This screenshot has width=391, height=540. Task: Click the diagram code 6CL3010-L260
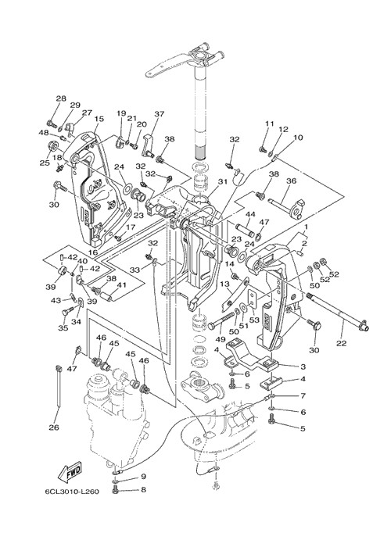click(72, 491)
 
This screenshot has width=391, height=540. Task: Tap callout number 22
click(342, 343)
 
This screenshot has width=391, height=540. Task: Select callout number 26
click(54, 427)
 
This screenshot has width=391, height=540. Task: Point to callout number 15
click(99, 119)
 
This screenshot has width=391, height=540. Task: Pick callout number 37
click(160, 113)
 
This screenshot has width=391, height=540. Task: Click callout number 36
click(291, 181)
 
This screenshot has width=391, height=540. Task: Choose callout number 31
click(223, 181)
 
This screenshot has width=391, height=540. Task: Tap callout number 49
click(221, 339)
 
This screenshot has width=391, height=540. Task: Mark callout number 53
click(254, 320)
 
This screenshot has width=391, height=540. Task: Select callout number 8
click(143, 489)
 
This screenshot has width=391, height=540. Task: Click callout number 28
click(61, 98)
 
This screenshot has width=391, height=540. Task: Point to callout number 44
click(250, 214)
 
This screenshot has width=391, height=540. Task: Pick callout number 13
click(224, 284)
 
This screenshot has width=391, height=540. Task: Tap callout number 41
click(121, 284)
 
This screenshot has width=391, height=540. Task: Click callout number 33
click(135, 270)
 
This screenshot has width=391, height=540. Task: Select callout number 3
click(303, 367)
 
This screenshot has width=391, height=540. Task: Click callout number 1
click(305, 227)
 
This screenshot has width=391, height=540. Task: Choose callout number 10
click(298, 138)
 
